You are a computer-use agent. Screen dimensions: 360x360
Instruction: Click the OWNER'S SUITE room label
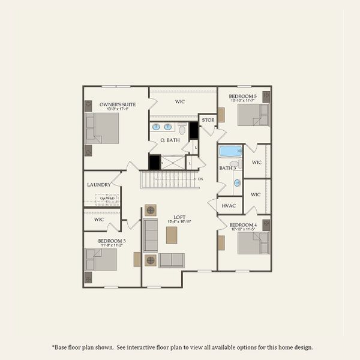point(118,104)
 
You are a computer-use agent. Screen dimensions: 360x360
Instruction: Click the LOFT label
point(179,217)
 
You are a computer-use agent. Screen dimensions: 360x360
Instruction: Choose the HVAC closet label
point(229,206)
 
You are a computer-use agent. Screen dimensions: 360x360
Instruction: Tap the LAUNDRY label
point(98,185)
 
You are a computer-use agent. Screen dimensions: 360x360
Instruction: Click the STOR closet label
point(208,120)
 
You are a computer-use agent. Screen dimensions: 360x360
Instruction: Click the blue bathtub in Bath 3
point(230,151)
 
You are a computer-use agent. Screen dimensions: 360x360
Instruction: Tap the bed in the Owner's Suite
point(103,128)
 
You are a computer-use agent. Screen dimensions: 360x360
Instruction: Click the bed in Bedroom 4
point(253,242)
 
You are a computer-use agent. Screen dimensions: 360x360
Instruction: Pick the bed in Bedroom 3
point(101,259)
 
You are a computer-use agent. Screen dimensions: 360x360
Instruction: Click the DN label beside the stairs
point(200,179)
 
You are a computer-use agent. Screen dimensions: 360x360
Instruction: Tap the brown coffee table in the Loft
point(172,235)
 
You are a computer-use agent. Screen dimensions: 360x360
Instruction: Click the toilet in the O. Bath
point(182,128)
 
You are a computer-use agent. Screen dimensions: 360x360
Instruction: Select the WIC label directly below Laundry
point(100,220)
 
